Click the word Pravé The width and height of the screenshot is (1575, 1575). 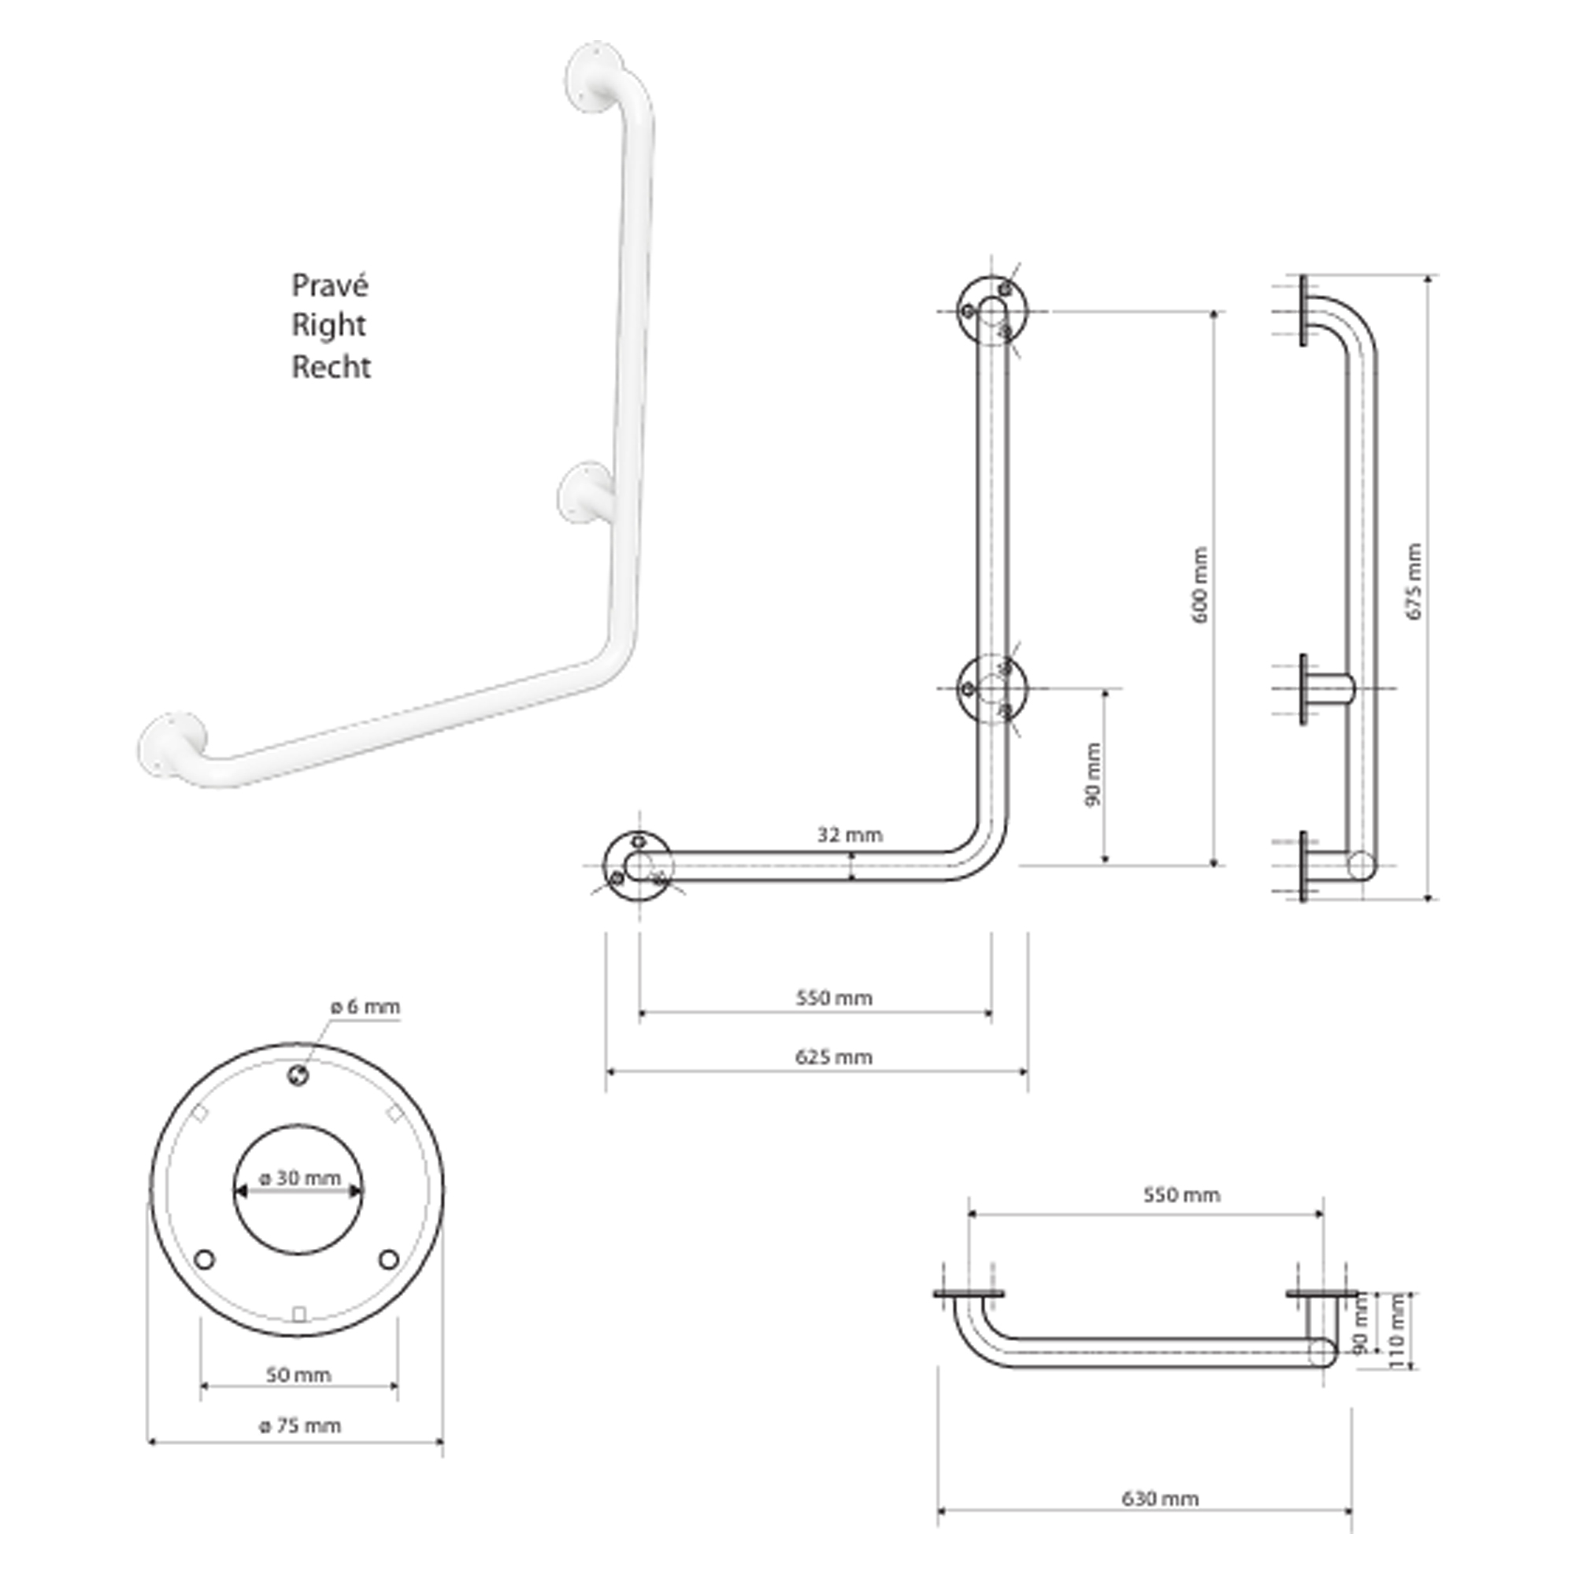click(x=330, y=285)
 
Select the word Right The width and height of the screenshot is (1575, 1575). click(x=328, y=326)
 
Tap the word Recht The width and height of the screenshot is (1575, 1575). click(x=331, y=367)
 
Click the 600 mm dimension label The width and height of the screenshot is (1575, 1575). click(x=1200, y=584)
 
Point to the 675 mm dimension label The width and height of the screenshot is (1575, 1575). click(x=1414, y=581)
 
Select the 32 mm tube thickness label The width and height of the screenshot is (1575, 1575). click(x=850, y=835)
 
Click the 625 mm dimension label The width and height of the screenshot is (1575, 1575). click(x=833, y=1058)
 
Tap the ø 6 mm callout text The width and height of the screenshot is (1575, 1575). click(x=365, y=1006)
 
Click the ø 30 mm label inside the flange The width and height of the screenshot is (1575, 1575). click(x=299, y=1178)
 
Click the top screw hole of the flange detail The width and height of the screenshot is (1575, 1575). click(x=298, y=1076)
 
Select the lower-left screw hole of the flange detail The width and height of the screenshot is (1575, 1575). click(x=205, y=1259)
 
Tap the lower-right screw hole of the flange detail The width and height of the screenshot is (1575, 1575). click(x=389, y=1259)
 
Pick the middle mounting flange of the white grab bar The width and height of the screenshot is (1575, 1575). click(x=584, y=493)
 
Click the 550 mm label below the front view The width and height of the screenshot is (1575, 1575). click(x=834, y=998)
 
